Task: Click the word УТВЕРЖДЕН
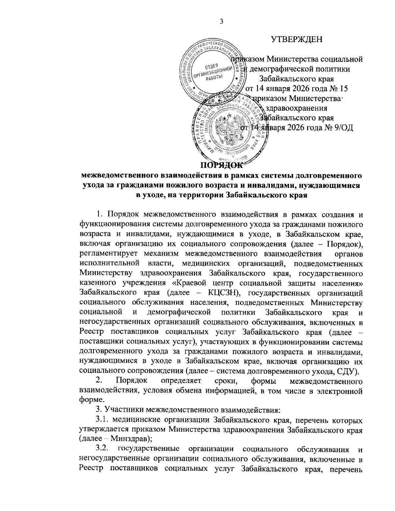point(297,40)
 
